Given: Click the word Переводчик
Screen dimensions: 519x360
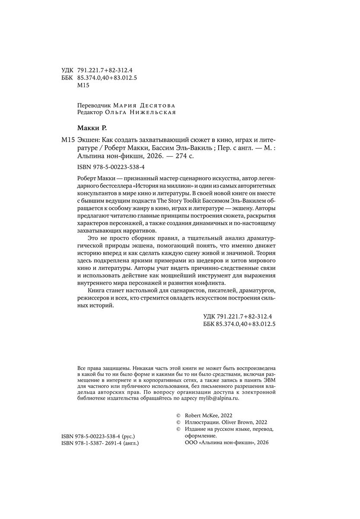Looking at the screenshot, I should click(x=94, y=105).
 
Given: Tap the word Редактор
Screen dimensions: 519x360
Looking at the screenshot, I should click(x=90, y=112).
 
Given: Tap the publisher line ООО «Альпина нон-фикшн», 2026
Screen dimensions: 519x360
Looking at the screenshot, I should click(x=226, y=444).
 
